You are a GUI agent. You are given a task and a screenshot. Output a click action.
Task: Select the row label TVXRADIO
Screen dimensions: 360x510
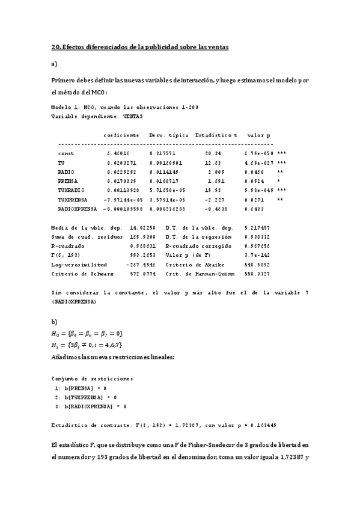[70, 189]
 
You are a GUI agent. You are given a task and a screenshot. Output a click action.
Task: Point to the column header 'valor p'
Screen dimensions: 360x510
[258, 135]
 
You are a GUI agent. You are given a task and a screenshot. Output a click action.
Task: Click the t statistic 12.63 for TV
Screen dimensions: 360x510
[213, 163]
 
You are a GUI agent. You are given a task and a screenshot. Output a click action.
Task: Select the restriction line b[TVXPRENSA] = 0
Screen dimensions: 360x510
[85, 398]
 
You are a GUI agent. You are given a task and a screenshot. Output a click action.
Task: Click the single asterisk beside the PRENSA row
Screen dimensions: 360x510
[278, 180]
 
